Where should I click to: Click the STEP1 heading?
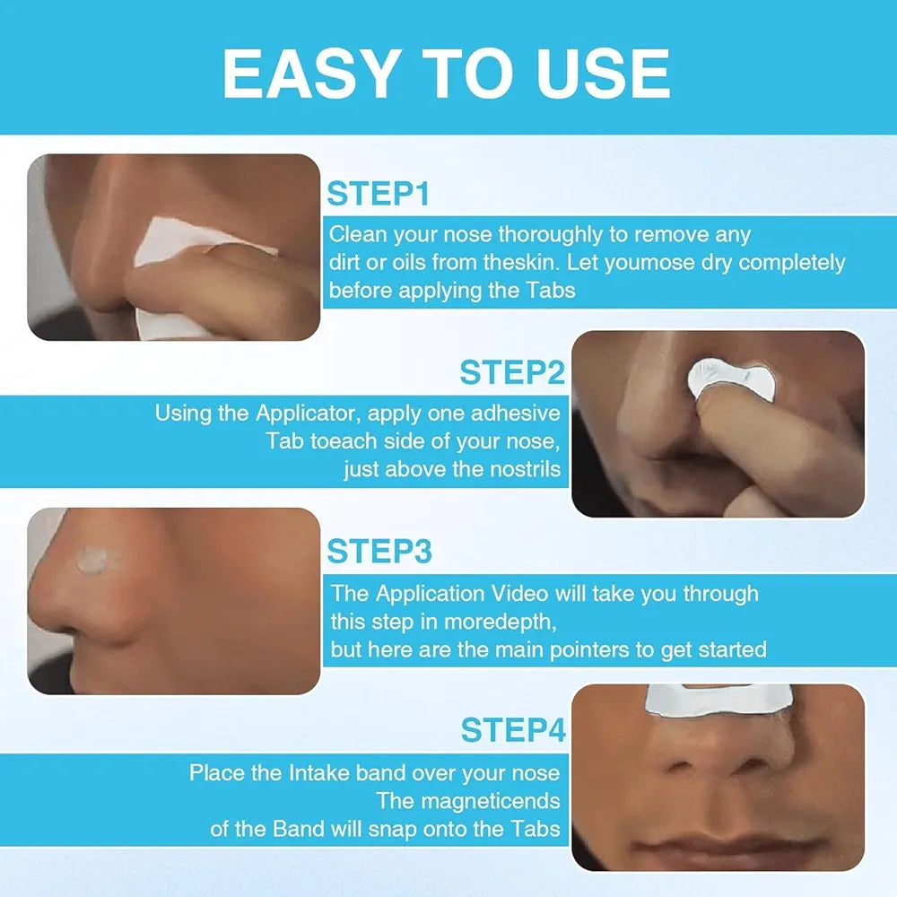click(378, 194)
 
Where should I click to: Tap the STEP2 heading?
click(512, 371)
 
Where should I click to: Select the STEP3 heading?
click(379, 551)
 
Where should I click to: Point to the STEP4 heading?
click(513, 730)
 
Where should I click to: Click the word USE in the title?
click(602, 74)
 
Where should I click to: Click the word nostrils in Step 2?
click(519, 468)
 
